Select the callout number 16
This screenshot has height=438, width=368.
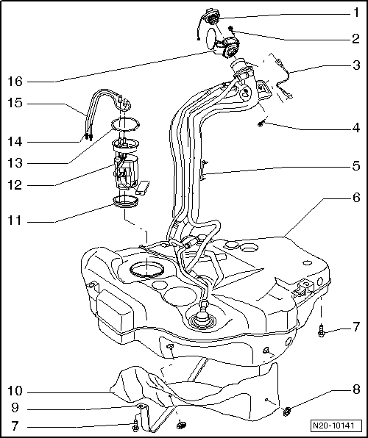pos(16,81)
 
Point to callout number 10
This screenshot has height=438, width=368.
pos(16,391)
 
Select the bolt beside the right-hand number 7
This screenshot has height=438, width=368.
pos(322,332)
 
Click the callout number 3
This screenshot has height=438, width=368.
pos(355,65)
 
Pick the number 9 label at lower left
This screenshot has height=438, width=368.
pos(16,408)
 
